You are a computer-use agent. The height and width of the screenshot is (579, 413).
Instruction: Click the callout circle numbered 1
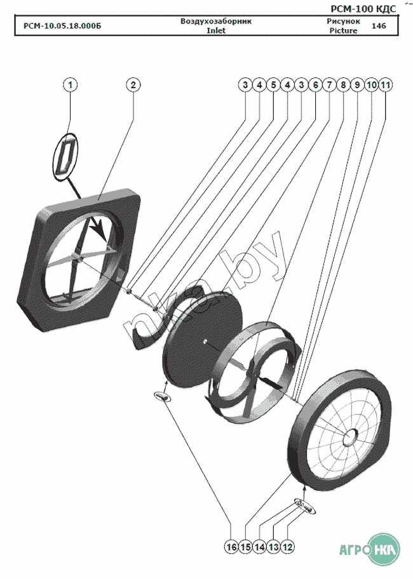[71, 84]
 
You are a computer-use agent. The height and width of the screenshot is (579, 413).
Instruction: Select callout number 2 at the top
[133, 84]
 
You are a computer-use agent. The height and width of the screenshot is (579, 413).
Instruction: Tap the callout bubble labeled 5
[273, 84]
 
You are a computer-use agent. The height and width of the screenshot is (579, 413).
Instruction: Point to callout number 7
[329, 84]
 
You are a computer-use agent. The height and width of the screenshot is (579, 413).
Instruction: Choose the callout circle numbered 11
[386, 84]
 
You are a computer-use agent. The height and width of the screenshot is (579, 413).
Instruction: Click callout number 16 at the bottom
[231, 547]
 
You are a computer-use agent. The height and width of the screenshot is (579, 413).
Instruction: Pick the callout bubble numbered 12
[289, 547]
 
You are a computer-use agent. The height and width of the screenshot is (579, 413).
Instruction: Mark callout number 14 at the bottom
[260, 547]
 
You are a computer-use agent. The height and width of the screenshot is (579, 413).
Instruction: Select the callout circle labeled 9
[358, 84]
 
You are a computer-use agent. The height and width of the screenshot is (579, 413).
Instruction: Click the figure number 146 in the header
[379, 26]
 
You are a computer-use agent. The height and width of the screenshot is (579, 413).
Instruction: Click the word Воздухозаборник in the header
[216, 21]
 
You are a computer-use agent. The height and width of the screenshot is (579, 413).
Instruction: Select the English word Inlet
[216, 30]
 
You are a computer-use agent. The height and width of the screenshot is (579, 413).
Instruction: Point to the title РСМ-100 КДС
[364, 8]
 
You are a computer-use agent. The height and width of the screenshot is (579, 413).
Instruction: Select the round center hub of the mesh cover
[350, 437]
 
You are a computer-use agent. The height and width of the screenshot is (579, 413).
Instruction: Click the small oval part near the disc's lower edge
[163, 396]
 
